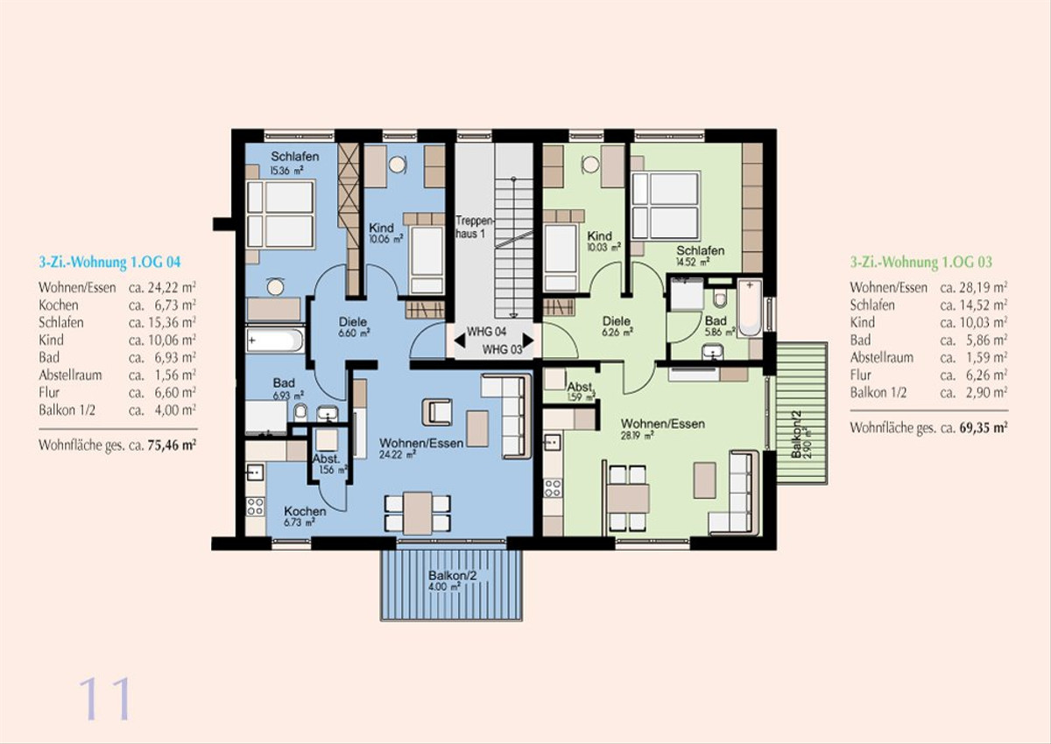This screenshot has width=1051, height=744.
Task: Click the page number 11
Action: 104,698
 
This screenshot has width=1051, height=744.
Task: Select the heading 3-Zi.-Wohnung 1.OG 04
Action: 109,262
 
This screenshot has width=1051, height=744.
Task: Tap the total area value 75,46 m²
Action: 172,445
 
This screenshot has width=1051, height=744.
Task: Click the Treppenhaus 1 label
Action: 476,227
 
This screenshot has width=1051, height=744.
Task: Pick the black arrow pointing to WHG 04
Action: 459,340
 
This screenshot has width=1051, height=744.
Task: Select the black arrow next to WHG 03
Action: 528,340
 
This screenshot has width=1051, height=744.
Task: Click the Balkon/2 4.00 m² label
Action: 452,580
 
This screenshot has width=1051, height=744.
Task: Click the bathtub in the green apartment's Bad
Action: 750,307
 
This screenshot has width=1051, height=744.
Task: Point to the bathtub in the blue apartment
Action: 275,340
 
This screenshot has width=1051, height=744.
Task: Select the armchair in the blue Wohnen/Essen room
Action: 437,412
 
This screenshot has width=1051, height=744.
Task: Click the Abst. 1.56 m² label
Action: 330,465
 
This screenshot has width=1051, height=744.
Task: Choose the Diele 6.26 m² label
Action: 617,326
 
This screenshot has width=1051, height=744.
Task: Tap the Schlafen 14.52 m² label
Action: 700,256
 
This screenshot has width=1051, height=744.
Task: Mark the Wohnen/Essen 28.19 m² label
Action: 662,429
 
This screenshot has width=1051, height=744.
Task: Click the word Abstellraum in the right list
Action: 882,357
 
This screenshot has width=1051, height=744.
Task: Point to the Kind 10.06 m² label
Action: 385,233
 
